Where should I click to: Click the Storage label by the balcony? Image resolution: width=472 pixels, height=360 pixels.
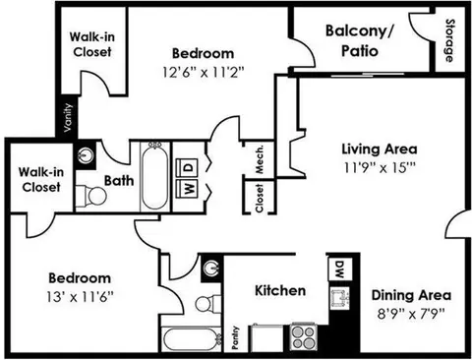point(449,40)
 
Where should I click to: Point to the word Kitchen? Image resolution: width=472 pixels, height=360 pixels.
point(280,291)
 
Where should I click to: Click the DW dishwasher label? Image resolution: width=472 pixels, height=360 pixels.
point(335,268)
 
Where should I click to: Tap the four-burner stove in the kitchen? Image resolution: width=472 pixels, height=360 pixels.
point(302,338)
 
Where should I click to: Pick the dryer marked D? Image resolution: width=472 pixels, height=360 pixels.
point(188,165)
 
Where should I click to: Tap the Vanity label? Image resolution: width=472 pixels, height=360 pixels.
point(67,120)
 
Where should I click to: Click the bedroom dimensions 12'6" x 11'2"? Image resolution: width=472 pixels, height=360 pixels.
point(203,72)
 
